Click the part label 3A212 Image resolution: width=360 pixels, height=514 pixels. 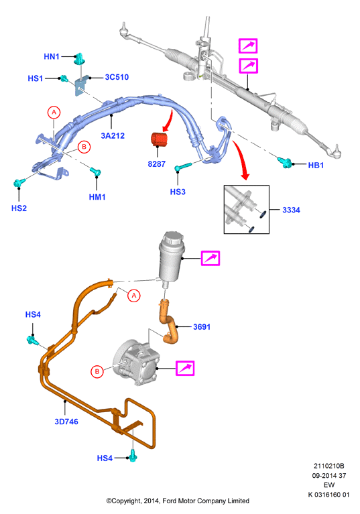coord(113,136)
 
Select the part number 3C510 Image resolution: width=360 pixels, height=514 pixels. coord(117,77)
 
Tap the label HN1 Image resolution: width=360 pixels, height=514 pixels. coord(52,56)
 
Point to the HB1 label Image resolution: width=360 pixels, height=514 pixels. coord(316,166)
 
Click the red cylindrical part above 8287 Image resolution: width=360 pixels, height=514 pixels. coord(159,138)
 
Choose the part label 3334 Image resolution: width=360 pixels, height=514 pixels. coord(291,210)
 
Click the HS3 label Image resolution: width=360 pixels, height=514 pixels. coord(178,192)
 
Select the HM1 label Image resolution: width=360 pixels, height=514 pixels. coord(97,197)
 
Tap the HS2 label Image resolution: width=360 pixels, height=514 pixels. coord(19,208)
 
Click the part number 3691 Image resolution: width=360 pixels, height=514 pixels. coord(202,327)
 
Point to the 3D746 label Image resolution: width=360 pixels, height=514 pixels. coord(66,422)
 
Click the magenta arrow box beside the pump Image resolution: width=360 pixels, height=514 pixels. coord(185,368)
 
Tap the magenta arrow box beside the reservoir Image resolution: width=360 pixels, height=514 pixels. coord(210,258)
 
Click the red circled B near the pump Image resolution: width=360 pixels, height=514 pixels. coord(97,372)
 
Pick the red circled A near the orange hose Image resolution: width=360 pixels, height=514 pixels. coord(134,296)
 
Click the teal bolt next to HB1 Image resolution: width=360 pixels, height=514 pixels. coord(284,162)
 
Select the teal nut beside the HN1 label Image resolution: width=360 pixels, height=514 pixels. coord(79,59)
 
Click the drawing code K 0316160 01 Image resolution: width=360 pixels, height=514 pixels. coord(328,495)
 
